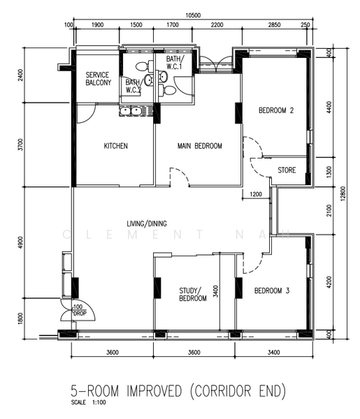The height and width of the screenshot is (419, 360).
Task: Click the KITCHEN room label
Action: coord(116,146)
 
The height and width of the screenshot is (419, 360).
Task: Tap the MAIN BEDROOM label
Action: coord(199,146)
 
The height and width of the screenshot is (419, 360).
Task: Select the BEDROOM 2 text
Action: coord(275,110)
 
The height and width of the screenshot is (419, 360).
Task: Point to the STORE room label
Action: coord(287,170)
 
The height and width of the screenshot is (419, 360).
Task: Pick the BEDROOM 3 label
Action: coord(272,291)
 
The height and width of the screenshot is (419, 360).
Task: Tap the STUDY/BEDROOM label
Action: coord(193,294)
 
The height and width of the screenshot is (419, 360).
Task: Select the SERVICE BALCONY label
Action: coord(98,78)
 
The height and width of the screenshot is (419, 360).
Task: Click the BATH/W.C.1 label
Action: coord(174,64)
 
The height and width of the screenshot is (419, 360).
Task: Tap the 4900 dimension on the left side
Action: coord(20,243)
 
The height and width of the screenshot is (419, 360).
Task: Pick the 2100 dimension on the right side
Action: coord(329,207)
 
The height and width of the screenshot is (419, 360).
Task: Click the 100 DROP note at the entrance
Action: coord(78,310)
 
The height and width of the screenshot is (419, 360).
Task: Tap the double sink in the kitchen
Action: coord(130,110)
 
